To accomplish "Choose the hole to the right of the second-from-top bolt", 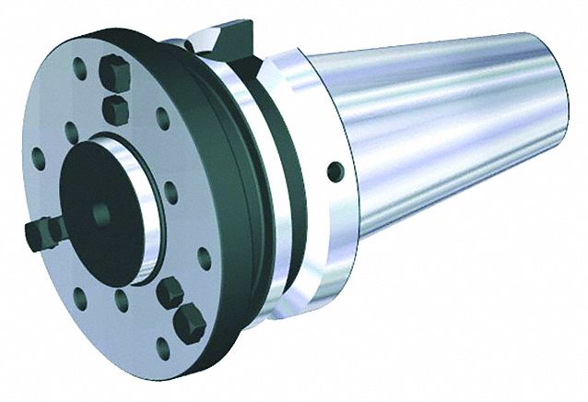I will coord(161,119).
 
